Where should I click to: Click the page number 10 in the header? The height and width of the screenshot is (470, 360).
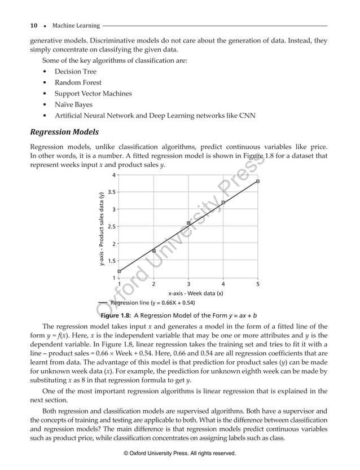(x=34, y=25)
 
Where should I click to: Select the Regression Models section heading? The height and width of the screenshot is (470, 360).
(x=64, y=132)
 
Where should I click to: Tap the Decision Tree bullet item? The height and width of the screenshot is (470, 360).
(x=76, y=72)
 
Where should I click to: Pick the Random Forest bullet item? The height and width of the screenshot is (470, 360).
(x=78, y=82)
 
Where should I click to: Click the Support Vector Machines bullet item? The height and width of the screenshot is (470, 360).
(x=93, y=94)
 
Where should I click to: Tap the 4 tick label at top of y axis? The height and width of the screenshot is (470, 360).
(x=114, y=175)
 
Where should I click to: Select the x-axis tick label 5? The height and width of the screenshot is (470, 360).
(x=258, y=284)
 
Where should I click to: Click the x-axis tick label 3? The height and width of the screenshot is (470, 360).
(x=188, y=284)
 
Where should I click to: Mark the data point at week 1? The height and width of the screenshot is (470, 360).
(x=119, y=271)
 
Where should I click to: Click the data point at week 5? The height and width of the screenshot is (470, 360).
(x=258, y=181)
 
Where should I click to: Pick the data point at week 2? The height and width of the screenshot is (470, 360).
(x=153, y=251)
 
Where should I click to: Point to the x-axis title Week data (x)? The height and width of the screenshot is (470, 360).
(x=196, y=293)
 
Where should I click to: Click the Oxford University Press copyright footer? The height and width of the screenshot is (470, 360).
(x=179, y=453)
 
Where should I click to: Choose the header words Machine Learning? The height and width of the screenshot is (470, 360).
(x=76, y=25)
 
